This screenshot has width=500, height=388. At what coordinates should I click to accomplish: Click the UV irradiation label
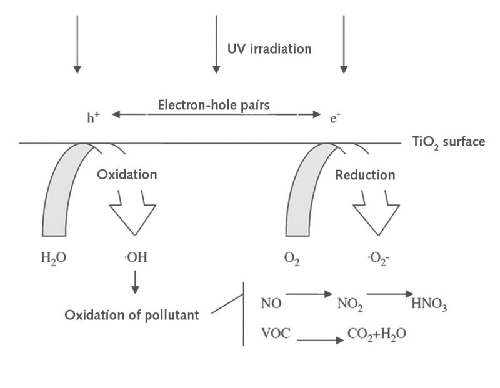coord(269,49)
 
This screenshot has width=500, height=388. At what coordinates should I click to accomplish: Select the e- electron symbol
coord(335,117)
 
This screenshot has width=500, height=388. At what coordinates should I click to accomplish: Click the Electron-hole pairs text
coord(214,105)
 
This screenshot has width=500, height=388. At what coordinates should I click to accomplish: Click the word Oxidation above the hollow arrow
coord(127,175)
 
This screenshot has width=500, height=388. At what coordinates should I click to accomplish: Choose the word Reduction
coord(366,175)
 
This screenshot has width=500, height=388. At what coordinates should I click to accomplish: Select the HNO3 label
coord(429,306)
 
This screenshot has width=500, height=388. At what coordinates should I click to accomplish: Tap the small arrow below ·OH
coord(136,284)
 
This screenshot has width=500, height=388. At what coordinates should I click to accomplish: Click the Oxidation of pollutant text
coord(132,315)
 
